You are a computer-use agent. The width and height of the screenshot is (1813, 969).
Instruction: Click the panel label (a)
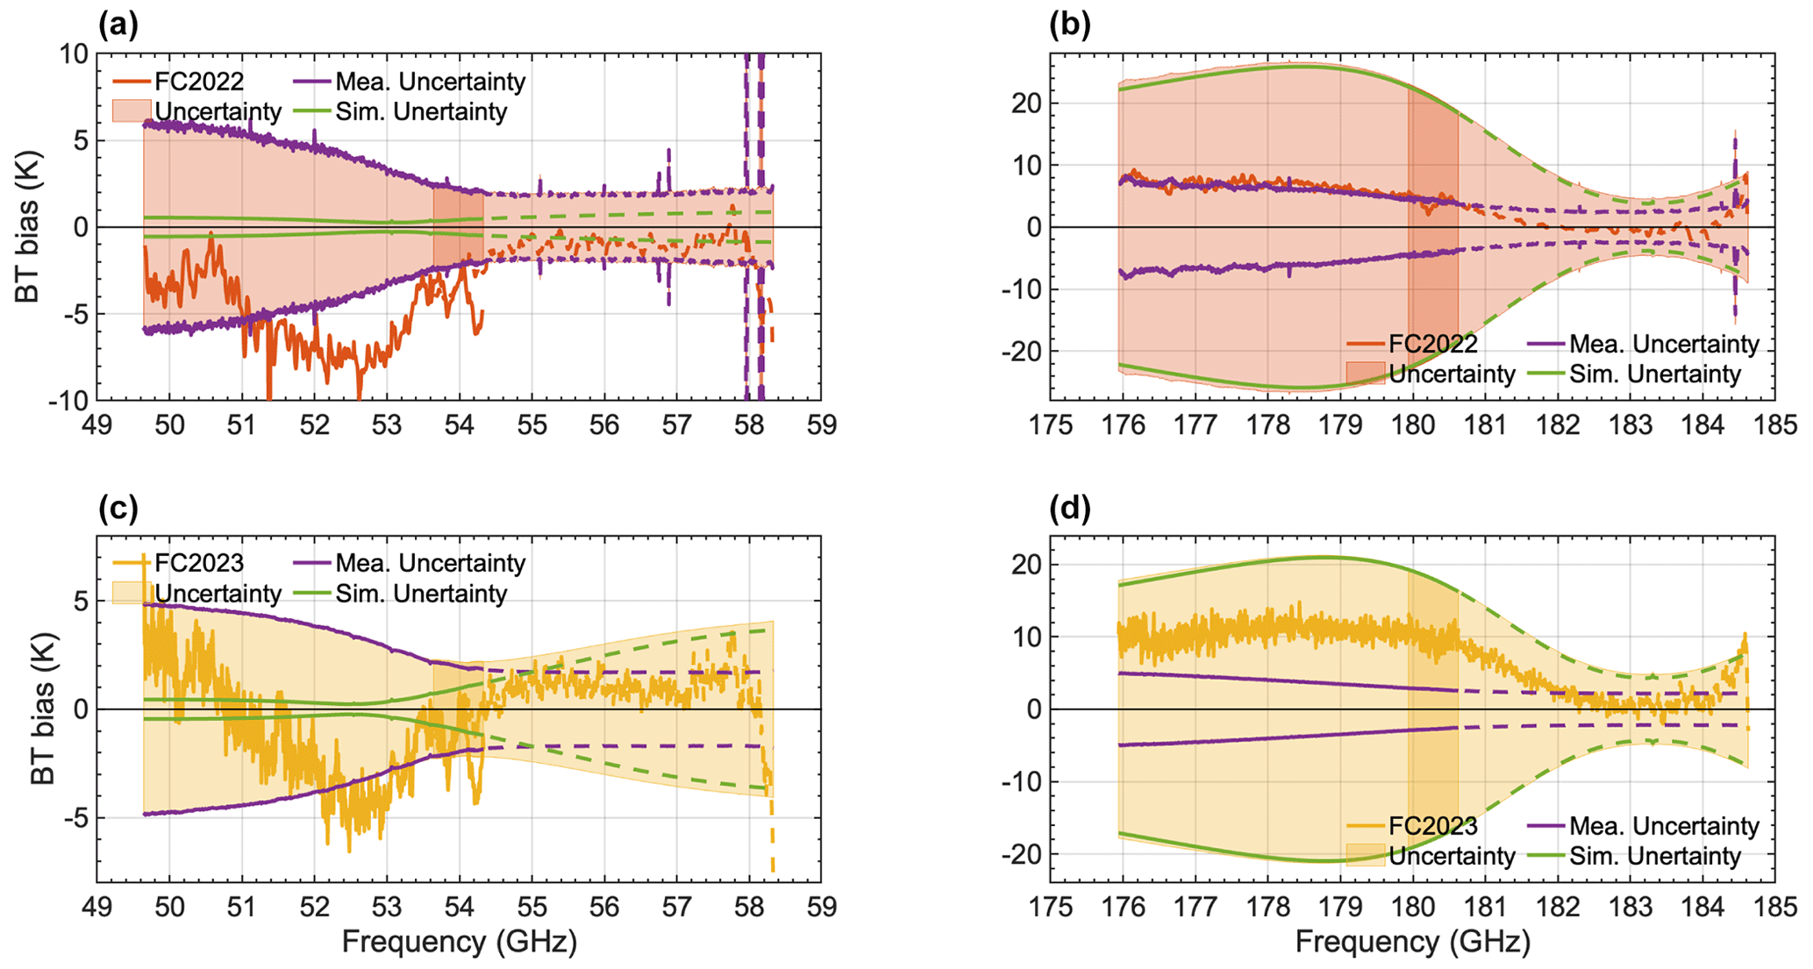[x=118, y=25]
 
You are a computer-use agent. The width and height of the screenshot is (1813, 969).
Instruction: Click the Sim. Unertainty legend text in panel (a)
[x=421, y=112]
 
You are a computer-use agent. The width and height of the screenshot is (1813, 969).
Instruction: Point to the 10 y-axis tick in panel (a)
[x=75, y=54]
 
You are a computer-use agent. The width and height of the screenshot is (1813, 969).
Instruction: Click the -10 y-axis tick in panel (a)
[x=69, y=401]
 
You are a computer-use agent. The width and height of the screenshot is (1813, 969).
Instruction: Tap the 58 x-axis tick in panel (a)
[x=749, y=426]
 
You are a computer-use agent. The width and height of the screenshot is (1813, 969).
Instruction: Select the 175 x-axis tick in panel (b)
[x=1051, y=426]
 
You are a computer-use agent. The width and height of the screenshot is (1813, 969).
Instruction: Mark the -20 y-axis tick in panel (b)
[x=1020, y=352]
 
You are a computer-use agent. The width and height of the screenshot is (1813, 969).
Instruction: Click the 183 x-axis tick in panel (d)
[x=1631, y=908]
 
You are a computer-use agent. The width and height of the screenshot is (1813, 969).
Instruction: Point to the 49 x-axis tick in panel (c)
[x=96, y=908]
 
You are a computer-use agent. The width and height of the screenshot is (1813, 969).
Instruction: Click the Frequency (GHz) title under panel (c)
[x=459, y=943]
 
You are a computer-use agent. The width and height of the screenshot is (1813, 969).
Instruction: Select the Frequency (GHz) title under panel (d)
[x=1412, y=943]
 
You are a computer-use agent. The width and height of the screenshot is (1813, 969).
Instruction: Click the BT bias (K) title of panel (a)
[x=27, y=227]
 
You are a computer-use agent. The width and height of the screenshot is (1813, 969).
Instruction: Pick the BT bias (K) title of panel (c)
[x=43, y=709]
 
